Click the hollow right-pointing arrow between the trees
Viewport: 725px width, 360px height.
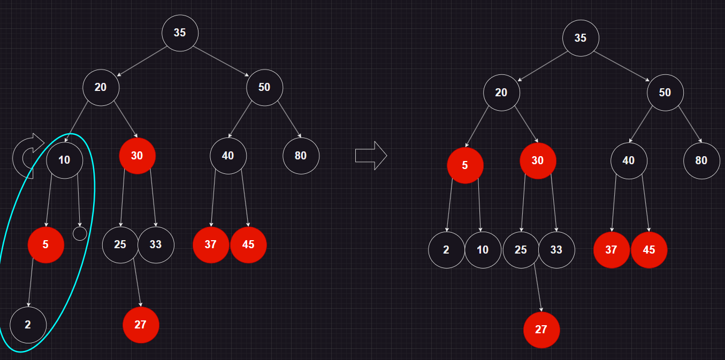371,156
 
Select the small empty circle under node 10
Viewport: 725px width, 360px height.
80,233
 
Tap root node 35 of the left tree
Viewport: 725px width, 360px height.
180,33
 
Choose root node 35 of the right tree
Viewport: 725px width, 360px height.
581,38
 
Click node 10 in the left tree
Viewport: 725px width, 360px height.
64,160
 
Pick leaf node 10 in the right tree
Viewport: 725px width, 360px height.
483,250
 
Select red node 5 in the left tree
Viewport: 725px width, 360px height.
46,245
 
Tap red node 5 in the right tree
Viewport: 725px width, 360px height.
465,165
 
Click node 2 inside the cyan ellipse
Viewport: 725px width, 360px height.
28,325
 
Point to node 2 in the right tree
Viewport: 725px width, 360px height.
447,250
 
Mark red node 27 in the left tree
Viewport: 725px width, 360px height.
141,325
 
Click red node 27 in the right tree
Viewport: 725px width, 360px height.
541,330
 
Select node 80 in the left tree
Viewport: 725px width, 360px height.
301,156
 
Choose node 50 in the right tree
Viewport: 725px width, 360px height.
665,93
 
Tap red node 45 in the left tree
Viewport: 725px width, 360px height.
248,245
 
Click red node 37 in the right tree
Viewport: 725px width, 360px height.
612,250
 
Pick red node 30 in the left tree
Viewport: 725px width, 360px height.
137,156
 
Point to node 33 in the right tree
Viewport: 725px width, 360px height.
556,250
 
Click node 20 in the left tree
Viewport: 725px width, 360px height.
101,87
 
